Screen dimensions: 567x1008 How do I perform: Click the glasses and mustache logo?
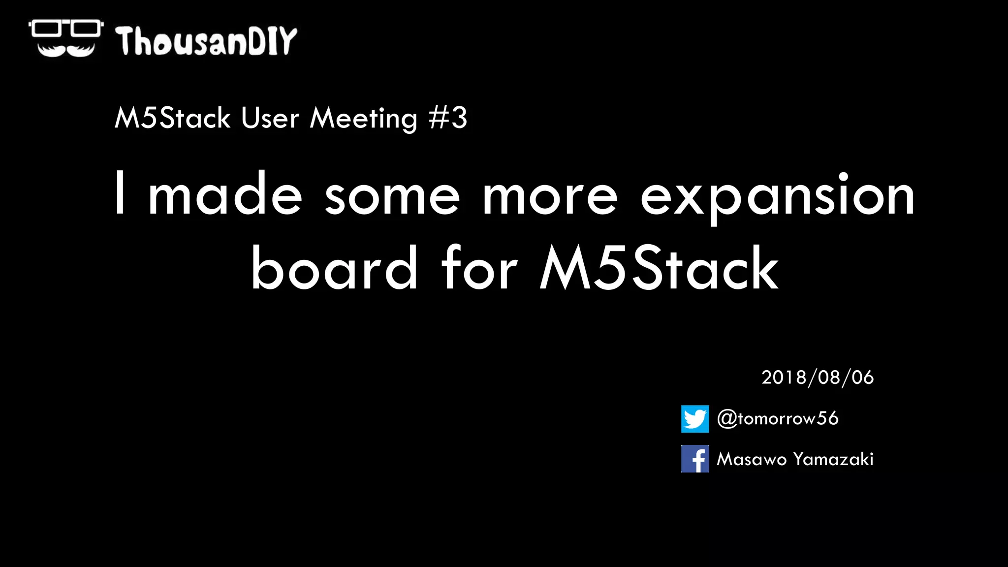65,38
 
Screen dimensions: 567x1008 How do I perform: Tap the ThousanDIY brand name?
206,41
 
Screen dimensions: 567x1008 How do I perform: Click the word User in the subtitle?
270,119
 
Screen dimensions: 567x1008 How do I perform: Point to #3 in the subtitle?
448,118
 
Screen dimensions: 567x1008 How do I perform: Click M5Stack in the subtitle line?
172,119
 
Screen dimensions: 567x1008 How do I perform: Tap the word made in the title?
225,195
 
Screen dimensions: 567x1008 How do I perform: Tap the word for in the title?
479,268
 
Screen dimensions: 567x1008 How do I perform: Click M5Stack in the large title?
659,268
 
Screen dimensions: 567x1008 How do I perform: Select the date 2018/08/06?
818,378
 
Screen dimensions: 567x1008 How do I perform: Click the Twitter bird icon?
695,419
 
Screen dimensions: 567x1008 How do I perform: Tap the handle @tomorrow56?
778,418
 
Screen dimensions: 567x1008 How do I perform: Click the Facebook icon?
695,459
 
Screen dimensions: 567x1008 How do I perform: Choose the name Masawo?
752,459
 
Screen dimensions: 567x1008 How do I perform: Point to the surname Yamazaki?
833,459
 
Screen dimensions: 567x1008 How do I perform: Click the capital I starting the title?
120,193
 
